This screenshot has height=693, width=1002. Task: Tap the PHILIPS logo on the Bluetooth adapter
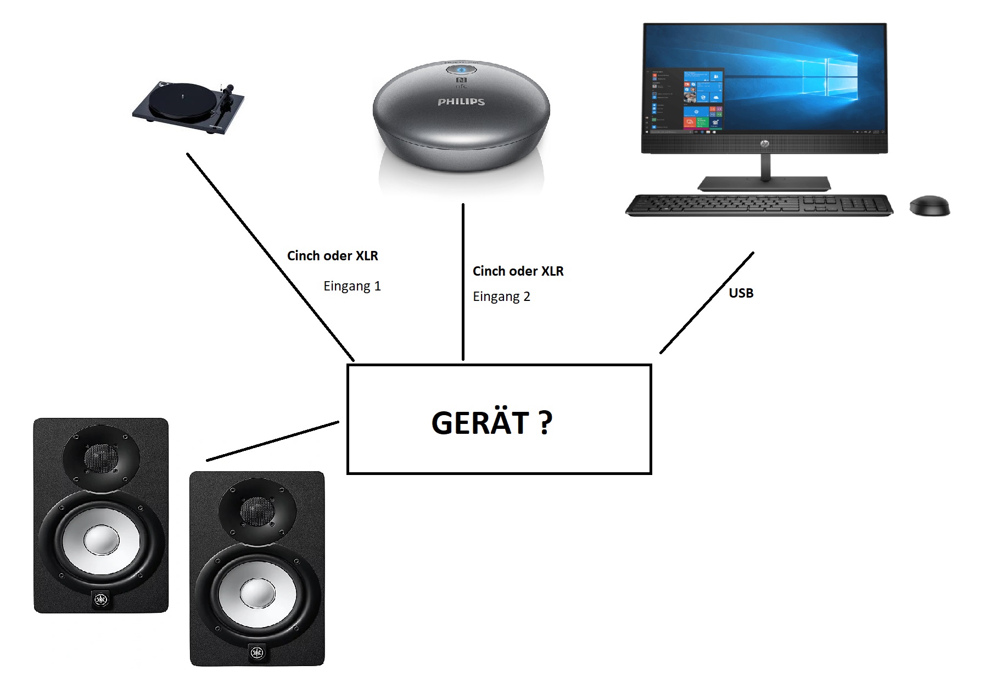pos(461,102)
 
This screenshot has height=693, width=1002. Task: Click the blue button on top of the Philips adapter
pos(461,70)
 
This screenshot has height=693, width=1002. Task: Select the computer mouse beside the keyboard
pos(930,206)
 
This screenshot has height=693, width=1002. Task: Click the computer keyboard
pos(759,205)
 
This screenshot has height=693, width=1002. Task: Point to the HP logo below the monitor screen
pos(764,143)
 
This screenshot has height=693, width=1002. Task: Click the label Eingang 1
pos(352,286)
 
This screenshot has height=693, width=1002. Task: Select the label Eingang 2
pos(501,297)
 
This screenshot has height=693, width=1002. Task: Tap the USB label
pos(741,293)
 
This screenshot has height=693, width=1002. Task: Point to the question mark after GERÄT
pos(545,423)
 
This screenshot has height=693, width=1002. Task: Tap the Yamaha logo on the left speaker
pos(100,599)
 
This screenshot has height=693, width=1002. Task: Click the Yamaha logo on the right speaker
pos(256,652)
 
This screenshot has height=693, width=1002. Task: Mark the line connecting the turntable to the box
pos(270,257)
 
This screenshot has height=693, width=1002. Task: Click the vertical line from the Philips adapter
pos(463,282)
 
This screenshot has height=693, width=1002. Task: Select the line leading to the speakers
pos(273,441)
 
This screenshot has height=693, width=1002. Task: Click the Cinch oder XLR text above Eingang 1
pos(333,256)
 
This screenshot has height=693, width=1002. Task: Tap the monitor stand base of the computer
pos(764,183)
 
